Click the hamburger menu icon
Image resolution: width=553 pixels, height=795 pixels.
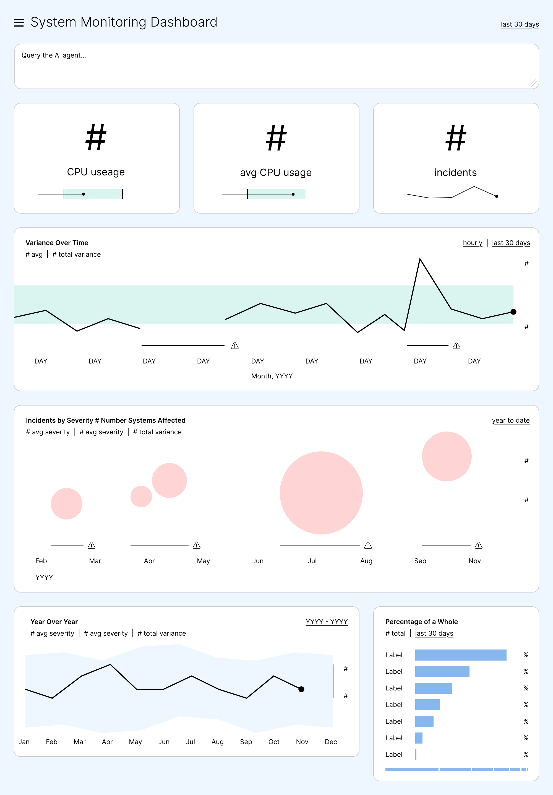pyautogui.click(x=19, y=23)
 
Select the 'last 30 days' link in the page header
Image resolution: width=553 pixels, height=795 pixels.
pyautogui.click(x=520, y=24)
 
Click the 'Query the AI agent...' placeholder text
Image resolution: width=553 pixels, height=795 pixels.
pyautogui.click(x=54, y=55)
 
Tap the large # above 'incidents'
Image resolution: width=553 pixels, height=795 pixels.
pyautogui.click(x=456, y=137)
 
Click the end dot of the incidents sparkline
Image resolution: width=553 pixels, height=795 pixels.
pyautogui.click(x=497, y=196)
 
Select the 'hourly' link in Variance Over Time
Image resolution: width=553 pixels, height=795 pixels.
pyautogui.click(x=472, y=243)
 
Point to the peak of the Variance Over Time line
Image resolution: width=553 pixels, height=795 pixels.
pyautogui.click(x=420, y=258)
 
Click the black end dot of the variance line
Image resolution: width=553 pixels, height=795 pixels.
pyautogui.click(x=513, y=312)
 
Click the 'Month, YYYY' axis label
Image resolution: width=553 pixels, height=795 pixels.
pyautogui.click(x=272, y=376)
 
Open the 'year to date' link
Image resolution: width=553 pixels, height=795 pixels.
pyautogui.click(x=511, y=420)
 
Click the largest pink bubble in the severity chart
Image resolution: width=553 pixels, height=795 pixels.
pyautogui.click(x=321, y=493)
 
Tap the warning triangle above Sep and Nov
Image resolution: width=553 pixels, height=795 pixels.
pyautogui.click(x=479, y=545)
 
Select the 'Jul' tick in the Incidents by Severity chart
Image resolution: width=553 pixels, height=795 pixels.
pyautogui.click(x=312, y=561)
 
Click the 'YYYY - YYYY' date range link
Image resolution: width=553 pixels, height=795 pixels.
pyautogui.click(x=327, y=622)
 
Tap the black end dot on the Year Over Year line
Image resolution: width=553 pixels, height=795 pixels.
pyautogui.click(x=301, y=689)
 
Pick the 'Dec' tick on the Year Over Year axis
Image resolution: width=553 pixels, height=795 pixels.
pyautogui.click(x=331, y=742)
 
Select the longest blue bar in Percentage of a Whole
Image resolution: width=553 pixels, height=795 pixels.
pyautogui.click(x=461, y=655)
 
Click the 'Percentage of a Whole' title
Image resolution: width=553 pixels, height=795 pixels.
pyautogui.click(x=421, y=622)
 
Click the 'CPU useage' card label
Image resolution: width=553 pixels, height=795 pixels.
pyautogui.click(x=96, y=172)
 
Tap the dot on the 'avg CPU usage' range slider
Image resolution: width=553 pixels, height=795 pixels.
pyautogui.click(x=293, y=194)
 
